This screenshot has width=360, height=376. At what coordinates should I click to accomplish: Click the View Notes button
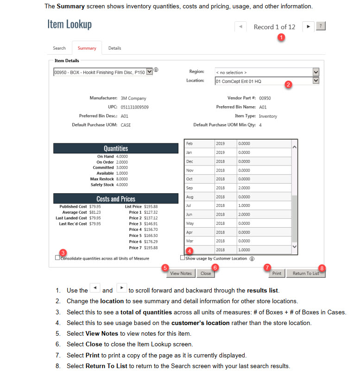[181, 273]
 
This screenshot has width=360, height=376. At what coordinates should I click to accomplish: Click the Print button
[277, 273]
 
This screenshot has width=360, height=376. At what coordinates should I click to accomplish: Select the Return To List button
[306, 273]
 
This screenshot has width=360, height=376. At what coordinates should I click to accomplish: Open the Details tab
[114, 48]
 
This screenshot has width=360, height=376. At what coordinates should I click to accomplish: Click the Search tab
[59, 48]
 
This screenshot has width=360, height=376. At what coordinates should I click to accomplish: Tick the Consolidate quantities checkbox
[57, 258]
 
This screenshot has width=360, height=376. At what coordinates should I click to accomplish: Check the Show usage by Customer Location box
[182, 258]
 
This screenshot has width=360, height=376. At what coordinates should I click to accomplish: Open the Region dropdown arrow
[316, 72]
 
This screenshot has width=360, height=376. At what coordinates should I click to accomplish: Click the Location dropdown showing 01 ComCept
[264, 81]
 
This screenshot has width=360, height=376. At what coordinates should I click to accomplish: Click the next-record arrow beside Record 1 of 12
[308, 26]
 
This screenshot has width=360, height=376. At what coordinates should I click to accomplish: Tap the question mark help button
[321, 26]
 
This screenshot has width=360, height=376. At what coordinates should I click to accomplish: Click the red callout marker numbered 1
[281, 37]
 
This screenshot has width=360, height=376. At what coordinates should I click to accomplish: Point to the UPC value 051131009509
[135, 107]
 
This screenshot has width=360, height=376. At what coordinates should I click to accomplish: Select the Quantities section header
[116, 148]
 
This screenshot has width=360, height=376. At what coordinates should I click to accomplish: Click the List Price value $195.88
[151, 206]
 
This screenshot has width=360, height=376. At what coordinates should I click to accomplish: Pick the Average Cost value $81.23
[95, 212]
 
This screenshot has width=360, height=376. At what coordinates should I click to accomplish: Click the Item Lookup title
[69, 24]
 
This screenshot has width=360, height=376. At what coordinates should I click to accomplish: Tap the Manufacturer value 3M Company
[133, 98]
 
